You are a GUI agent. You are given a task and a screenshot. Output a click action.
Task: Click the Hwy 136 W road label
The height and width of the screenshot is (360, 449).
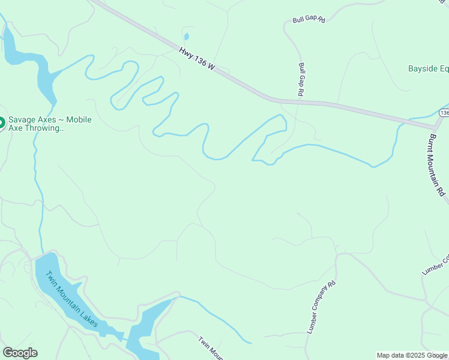(197, 60)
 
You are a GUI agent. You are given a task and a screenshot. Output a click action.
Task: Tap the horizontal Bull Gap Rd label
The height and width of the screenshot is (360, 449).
(309, 20)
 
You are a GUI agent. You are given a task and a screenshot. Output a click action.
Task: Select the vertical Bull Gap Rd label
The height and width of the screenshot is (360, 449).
(301, 79)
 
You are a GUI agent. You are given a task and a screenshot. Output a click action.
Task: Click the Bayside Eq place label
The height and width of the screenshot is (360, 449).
(428, 68)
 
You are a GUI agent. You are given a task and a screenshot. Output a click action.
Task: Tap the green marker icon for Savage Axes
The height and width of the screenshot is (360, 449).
(1, 123)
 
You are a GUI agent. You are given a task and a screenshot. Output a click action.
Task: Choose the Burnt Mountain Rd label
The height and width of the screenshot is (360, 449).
(437, 163)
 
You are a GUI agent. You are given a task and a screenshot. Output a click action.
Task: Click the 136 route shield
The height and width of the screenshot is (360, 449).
(444, 113)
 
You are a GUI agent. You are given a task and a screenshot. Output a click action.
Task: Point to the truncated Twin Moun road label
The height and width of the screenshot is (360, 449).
(211, 348)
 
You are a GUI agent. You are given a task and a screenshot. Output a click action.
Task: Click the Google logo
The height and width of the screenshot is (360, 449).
(20, 353)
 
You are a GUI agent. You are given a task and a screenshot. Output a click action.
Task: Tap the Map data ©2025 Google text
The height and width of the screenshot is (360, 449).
(412, 355)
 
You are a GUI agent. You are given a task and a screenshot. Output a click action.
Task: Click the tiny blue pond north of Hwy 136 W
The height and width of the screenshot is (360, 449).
(186, 37)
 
